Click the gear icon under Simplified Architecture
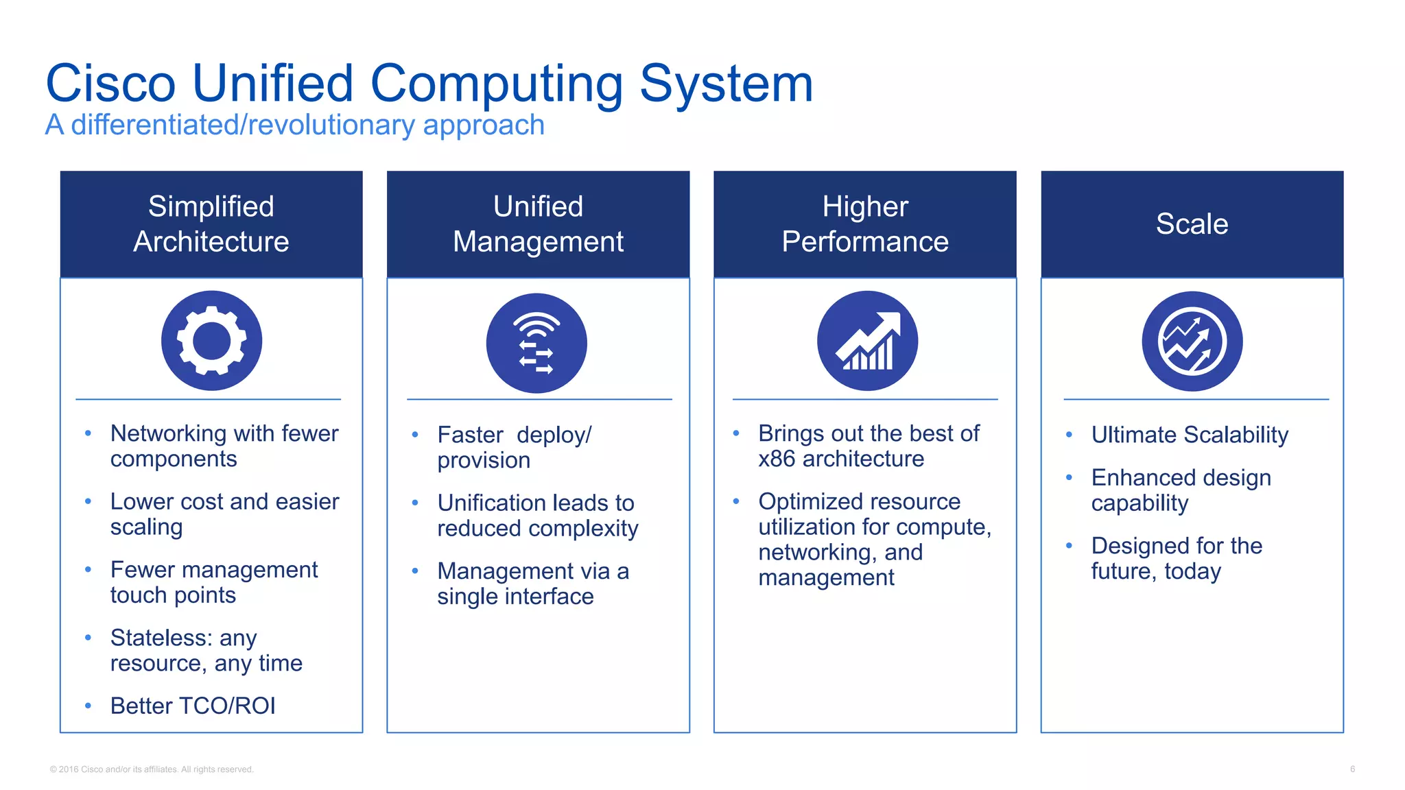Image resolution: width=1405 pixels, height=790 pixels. coord(211,341)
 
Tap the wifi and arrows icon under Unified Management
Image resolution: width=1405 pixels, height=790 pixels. coord(536,343)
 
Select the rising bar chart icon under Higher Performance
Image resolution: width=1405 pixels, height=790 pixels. coord(867,341)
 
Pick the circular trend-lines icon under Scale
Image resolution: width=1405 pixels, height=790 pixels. coord(1192,341)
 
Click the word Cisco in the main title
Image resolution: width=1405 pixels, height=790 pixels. coord(110,84)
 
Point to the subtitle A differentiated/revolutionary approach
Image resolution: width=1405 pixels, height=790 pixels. coord(294,125)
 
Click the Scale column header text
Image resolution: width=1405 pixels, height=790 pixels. coord(1192,224)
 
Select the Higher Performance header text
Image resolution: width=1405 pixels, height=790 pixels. coord(865,224)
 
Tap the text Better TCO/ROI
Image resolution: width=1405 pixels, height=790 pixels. coord(193,706)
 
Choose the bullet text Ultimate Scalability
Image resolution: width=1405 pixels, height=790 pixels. coord(1190,435)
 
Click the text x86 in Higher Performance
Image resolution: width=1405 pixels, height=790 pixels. coord(777,459)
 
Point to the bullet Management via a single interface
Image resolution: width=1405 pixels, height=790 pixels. coord(532,584)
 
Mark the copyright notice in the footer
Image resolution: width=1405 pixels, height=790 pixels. coord(152,769)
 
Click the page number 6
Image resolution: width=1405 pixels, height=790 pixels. coord(1352,769)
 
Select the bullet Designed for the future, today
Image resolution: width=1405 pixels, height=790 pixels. coord(1176,558)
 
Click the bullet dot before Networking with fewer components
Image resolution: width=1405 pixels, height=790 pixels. coord(88,433)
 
